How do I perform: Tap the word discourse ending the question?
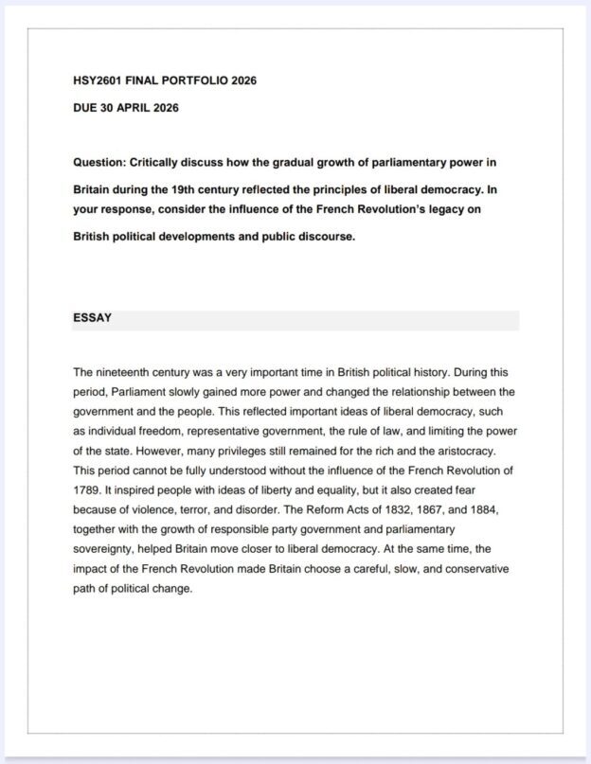326,236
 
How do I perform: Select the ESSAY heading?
92,318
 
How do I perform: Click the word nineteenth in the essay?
127,372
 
